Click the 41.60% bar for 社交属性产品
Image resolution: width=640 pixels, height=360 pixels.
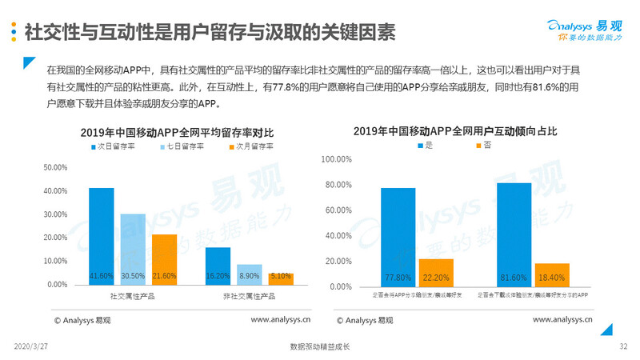[x=101, y=236]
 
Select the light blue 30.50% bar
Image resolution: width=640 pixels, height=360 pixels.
[x=133, y=249]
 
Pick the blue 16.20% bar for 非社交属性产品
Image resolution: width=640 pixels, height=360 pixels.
[x=218, y=266]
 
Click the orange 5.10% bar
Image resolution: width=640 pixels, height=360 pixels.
[x=280, y=278]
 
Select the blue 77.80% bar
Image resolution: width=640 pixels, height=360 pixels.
[x=398, y=237]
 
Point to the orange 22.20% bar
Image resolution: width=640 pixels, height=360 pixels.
[x=436, y=272]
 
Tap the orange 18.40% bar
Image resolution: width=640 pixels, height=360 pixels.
[x=552, y=274]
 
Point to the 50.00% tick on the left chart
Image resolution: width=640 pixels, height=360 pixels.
[x=56, y=167]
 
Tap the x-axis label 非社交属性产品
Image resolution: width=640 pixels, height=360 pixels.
[x=249, y=296]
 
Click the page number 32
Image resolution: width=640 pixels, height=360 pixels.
[x=623, y=346]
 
